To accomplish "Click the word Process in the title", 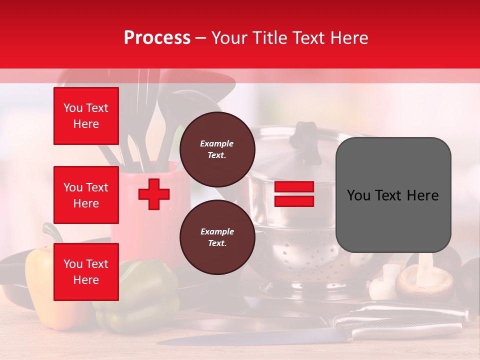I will [x=157, y=38].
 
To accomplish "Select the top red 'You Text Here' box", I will [x=86, y=116].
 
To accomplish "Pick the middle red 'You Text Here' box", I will [x=86, y=195].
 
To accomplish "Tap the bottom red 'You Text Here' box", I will [x=86, y=271].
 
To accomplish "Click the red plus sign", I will [x=154, y=194].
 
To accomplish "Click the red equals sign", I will [x=294, y=194].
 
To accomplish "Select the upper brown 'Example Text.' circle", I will [x=217, y=149].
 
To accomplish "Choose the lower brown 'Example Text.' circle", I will [x=217, y=237].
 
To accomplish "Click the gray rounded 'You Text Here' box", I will [x=393, y=195].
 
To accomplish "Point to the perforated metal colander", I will [x=300, y=255].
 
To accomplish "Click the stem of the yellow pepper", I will [x=50, y=233].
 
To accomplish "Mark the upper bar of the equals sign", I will [x=294, y=187].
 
